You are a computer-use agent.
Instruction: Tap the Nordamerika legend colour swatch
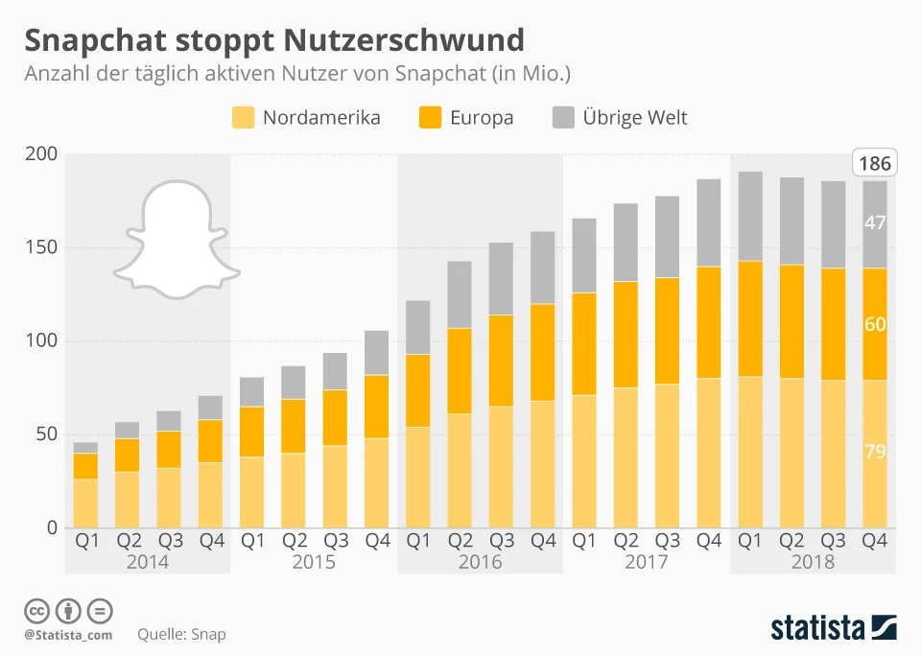(244, 118)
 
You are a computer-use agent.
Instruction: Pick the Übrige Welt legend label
(635, 118)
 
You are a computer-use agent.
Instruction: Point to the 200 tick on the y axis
(42, 154)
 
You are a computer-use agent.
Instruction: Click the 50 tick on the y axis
(46, 434)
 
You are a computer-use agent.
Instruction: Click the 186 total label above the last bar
(874, 164)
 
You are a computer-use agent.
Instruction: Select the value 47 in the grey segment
(874, 223)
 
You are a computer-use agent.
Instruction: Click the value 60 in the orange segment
(874, 324)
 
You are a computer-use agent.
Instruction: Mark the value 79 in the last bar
(874, 452)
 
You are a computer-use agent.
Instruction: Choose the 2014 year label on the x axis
(148, 561)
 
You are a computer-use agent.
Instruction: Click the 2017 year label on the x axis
(647, 561)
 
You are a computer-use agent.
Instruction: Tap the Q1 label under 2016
(419, 541)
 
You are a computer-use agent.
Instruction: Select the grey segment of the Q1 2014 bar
(86, 448)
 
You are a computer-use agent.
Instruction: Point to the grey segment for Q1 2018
(751, 216)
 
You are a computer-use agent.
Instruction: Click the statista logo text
(816, 628)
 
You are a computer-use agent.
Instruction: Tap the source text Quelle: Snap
(181, 634)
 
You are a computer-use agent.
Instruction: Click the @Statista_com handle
(68, 634)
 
